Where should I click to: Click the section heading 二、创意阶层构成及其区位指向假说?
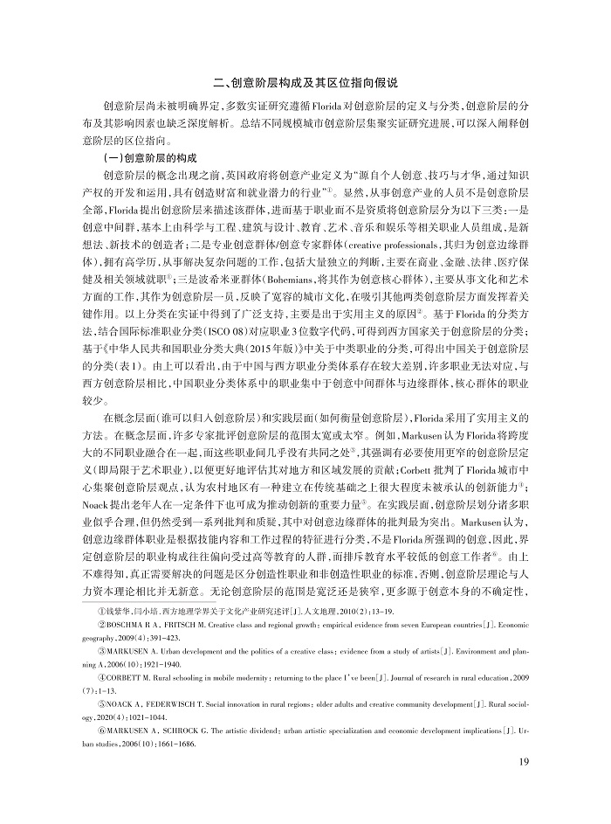[x=305, y=84]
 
